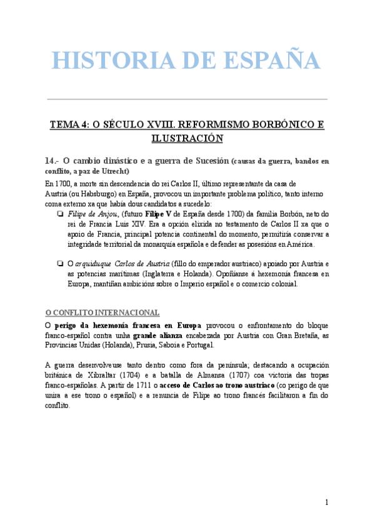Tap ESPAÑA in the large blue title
pyautogui.click(x=268, y=61)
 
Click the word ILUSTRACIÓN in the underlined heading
pyautogui.click(x=187, y=137)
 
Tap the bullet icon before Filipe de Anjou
pyautogui.click(x=58, y=214)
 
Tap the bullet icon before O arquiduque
pyautogui.click(x=58, y=264)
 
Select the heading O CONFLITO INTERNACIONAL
pyautogui.click(x=102, y=312)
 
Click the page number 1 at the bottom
pyautogui.click(x=327, y=502)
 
